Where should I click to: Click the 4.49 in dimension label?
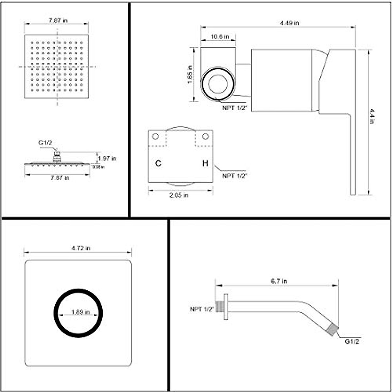pos(289,23)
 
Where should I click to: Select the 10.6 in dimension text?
pos(220,37)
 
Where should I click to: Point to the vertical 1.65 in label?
pos(190,75)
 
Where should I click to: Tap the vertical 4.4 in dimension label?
pos(372,116)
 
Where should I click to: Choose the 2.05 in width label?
pos(179,195)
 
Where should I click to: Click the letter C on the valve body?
pos(158,163)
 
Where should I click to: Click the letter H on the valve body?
pos(205,163)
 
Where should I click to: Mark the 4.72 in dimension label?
pos(81,248)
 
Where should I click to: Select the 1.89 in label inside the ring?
pos(81,312)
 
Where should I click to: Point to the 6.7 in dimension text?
pos(279,281)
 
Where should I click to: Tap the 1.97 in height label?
pos(107,158)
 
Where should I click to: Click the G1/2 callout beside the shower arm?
pos(352,341)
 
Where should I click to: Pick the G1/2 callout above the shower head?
pos(45,143)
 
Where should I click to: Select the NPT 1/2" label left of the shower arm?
pos(202,309)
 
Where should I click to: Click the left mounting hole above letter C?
pos(155,136)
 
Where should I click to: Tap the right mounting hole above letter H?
pos(205,136)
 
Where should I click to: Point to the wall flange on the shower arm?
pos(226,306)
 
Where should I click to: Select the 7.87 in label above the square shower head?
pos(58,20)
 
